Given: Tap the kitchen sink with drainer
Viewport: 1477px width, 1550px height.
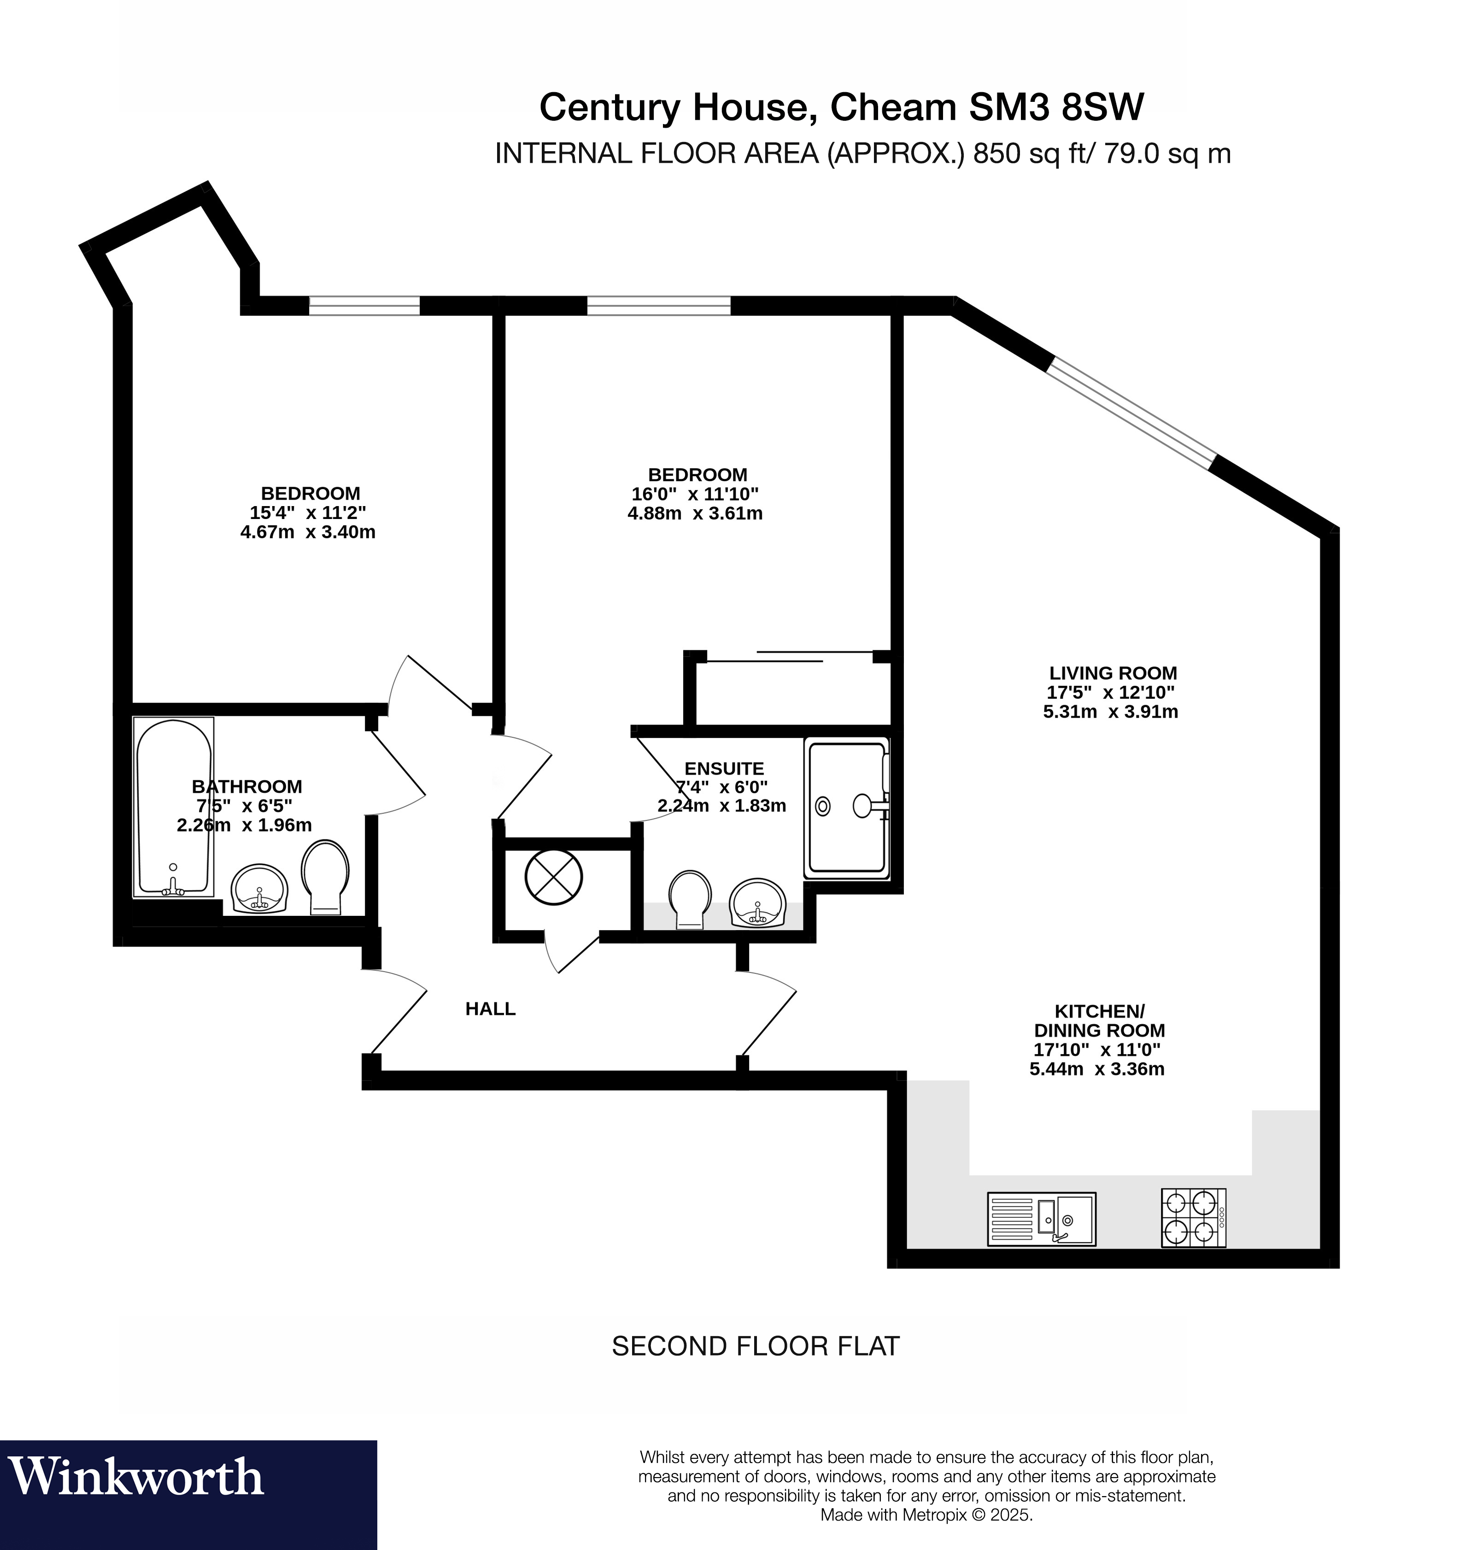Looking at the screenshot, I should (1041, 1219).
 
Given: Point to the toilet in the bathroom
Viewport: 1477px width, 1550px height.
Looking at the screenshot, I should (325, 876).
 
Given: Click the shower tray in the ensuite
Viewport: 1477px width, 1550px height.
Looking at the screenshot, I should (846, 807).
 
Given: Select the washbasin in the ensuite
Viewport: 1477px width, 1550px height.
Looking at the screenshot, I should (757, 902).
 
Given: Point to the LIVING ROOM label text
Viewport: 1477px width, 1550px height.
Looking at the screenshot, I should (1113, 673).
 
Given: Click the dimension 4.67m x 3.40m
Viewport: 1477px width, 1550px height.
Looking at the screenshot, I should (308, 532).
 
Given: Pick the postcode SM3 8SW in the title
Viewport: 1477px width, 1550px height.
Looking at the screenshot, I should (1056, 107).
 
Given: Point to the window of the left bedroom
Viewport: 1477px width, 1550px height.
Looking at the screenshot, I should (364, 306).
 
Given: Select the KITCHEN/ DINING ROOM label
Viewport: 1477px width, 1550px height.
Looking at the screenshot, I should (1099, 1021).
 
